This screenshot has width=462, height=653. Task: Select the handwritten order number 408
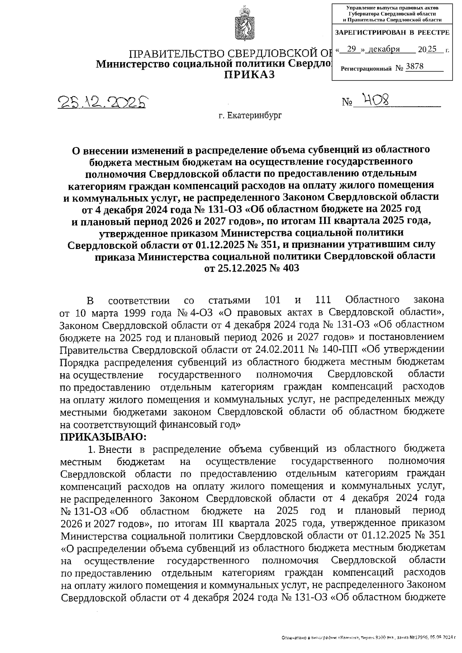(372, 100)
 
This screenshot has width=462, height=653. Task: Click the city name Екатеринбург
(250, 115)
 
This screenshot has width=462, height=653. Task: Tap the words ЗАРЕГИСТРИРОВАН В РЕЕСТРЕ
(392, 33)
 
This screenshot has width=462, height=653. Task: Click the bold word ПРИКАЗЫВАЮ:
(104, 437)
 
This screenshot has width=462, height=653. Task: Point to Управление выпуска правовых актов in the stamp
(392, 7)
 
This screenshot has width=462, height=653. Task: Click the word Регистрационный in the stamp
(366, 68)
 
